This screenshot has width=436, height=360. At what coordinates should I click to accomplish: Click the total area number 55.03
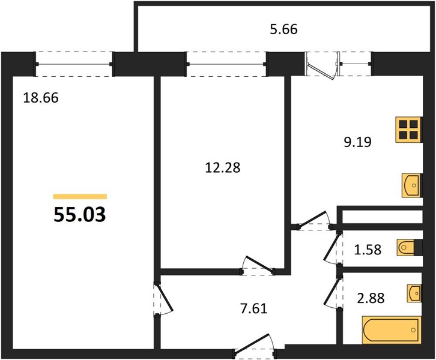(x=80, y=215)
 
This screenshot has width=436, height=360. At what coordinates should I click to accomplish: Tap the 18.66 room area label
(x=41, y=98)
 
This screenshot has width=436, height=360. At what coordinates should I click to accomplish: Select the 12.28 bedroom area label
(x=222, y=168)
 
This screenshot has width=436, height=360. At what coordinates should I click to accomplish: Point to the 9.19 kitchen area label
(x=357, y=142)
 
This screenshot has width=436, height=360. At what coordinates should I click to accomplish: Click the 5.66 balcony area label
(x=283, y=29)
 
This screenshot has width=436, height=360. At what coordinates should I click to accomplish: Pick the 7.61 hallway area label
(x=253, y=308)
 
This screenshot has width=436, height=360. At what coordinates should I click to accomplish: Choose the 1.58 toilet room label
(x=368, y=250)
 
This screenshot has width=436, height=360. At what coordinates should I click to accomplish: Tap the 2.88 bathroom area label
(x=371, y=298)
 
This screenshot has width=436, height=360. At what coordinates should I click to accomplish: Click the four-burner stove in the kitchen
(x=408, y=130)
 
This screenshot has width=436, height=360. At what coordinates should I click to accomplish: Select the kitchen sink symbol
(x=412, y=185)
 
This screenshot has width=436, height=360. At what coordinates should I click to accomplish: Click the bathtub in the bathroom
(x=392, y=330)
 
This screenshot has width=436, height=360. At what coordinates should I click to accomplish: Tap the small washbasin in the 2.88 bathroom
(x=414, y=293)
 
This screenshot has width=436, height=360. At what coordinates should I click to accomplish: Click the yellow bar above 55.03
(x=80, y=197)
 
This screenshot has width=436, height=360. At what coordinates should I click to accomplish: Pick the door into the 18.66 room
(x=163, y=299)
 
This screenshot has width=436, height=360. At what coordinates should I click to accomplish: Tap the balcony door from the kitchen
(x=322, y=65)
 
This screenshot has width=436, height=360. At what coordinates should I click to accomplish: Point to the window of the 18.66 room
(x=74, y=64)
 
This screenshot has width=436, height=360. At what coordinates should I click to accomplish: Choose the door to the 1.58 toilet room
(x=332, y=248)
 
